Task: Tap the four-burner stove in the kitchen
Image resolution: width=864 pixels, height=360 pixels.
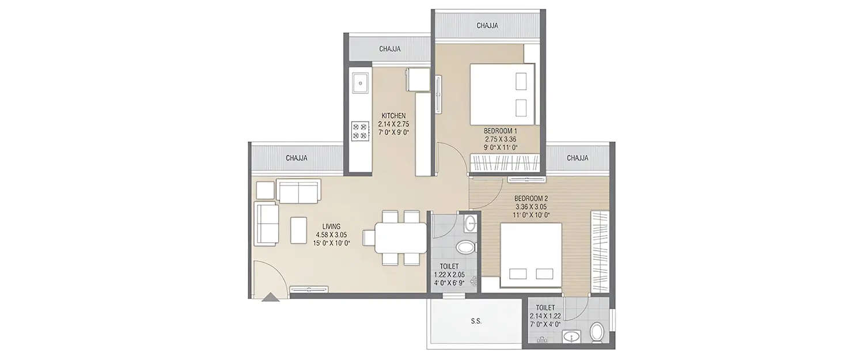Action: [x=360, y=130]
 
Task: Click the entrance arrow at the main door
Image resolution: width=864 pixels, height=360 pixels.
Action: [x=270, y=297]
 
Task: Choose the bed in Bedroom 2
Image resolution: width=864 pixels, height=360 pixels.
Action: [x=530, y=255]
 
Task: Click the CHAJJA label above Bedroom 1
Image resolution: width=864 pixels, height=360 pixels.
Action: [x=487, y=25]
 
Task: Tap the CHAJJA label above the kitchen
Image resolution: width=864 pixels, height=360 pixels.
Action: [x=389, y=49]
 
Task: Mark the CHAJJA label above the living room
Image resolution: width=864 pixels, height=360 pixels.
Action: [x=296, y=157]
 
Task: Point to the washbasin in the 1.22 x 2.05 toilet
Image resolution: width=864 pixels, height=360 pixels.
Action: [x=471, y=223]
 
